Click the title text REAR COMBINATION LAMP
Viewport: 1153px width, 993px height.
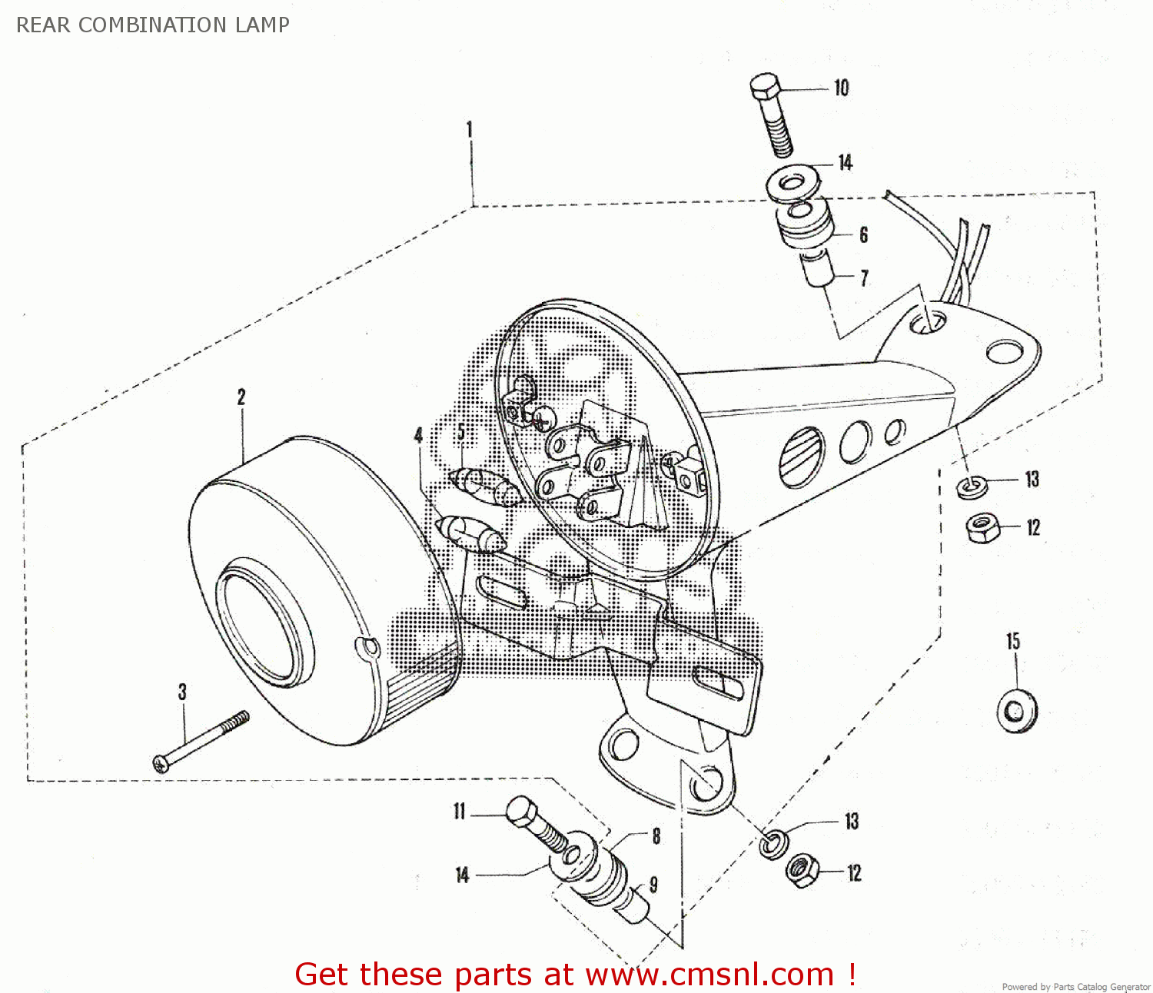[153, 25]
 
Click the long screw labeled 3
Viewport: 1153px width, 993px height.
[201, 739]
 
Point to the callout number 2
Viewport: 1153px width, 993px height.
[241, 397]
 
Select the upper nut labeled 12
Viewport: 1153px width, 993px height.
[982, 528]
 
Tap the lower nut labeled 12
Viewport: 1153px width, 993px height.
[802, 871]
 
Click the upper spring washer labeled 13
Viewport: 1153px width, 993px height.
[972, 487]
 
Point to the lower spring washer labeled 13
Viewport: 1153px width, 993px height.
[773, 844]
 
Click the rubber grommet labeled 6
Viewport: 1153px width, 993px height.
[806, 226]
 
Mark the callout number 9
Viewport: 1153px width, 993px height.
[653, 885]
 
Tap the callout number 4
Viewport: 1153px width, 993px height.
[418, 436]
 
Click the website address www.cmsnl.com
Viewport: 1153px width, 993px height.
[709, 975]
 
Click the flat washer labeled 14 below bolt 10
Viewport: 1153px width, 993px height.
[792, 185]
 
